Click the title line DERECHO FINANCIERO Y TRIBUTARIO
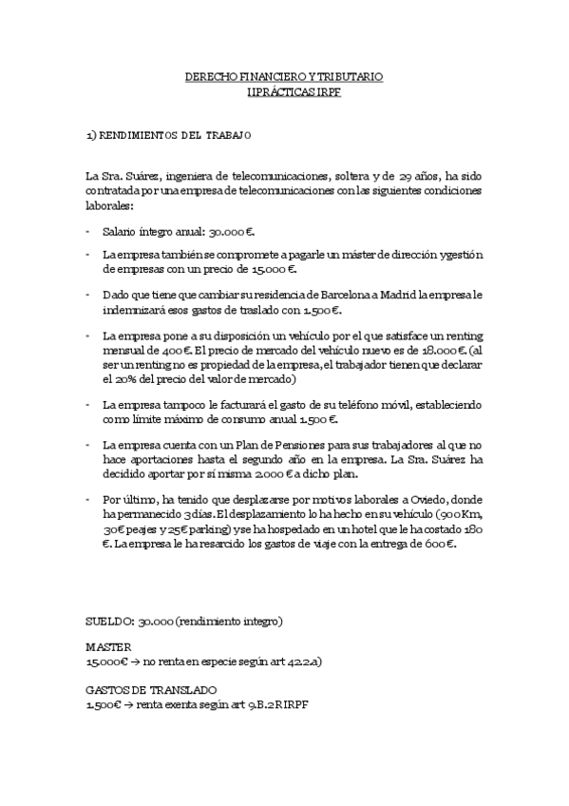[x=284, y=75]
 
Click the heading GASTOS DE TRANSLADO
[x=151, y=689]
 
